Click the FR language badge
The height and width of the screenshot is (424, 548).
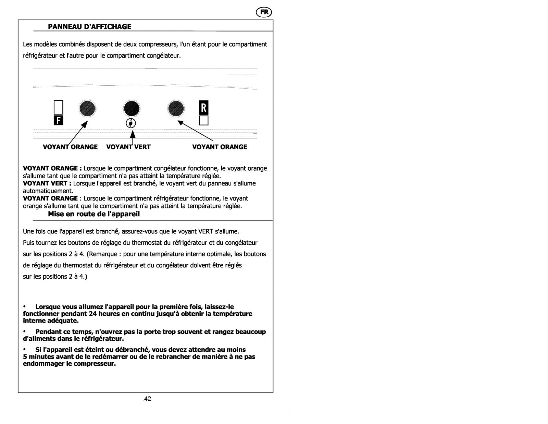coord(264,12)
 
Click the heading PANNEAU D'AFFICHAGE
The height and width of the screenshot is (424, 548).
coord(89,27)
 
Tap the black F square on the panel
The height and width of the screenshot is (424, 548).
coord(59,121)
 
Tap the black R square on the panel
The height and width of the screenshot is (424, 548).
coord(203,108)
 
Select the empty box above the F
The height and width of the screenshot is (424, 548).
coord(59,107)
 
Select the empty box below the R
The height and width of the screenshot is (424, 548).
coord(203,121)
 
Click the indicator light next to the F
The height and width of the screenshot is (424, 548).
coord(87,109)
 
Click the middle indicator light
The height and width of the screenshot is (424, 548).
coord(132,109)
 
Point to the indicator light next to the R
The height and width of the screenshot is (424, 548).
coord(176,109)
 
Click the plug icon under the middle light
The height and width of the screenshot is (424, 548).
coord(132,123)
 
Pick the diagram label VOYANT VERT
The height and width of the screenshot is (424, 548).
coord(128,147)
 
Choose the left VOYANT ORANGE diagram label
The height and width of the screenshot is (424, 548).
coord(70,147)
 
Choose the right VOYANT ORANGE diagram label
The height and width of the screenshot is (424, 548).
coord(220,147)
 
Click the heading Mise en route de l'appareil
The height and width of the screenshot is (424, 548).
coord(94,214)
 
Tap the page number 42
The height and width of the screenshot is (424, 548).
coord(148,399)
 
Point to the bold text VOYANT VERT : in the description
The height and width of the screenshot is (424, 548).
coord(45,183)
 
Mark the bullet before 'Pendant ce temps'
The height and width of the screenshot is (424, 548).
coord(25,332)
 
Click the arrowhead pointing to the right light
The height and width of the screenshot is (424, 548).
coord(180,122)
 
